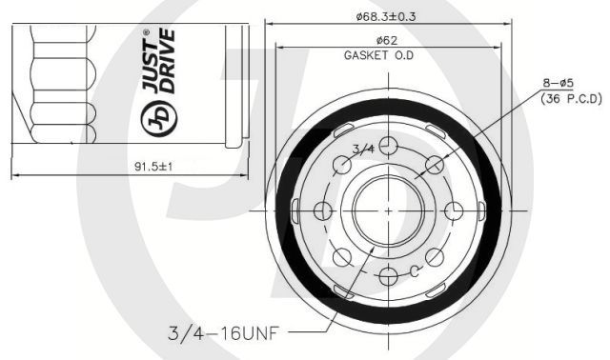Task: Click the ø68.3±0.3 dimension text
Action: click(385, 17)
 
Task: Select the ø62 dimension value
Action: click(387, 40)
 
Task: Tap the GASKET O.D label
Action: click(378, 55)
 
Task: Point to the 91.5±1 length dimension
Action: click(153, 167)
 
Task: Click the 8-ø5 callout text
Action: click(559, 83)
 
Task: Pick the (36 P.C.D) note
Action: click(571, 99)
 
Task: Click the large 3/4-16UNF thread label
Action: click(223, 333)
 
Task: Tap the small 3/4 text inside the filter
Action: click(363, 149)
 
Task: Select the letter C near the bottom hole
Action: click(415, 271)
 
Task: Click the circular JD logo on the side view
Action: click(159, 118)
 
